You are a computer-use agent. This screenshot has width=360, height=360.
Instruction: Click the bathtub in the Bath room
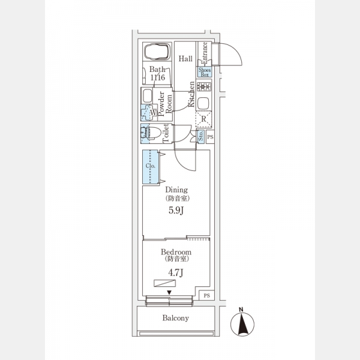pos(157,53)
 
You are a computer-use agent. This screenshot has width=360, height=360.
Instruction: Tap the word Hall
pos(185,59)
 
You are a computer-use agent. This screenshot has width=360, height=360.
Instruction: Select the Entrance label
pos(204,53)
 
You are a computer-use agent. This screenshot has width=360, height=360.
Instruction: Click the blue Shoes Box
pos(204,73)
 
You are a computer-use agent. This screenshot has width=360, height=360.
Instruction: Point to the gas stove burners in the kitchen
pos(203,87)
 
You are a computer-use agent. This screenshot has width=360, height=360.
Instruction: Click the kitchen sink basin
pos(203,102)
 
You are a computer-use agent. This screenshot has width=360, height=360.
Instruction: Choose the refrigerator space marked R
pos(203,119)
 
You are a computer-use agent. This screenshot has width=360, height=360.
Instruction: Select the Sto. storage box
pos(200,137)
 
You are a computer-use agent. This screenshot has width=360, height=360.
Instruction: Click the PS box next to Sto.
pos(209,137)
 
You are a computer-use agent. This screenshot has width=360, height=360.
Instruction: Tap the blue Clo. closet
pos(151,166)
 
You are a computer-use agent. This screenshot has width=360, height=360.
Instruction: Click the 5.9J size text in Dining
pos(176,211)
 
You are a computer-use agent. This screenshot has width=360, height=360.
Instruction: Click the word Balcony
pos(176,318)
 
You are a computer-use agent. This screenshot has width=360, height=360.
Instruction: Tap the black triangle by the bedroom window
pos(170,293)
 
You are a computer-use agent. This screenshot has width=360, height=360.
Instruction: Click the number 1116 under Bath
pos(157,78)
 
